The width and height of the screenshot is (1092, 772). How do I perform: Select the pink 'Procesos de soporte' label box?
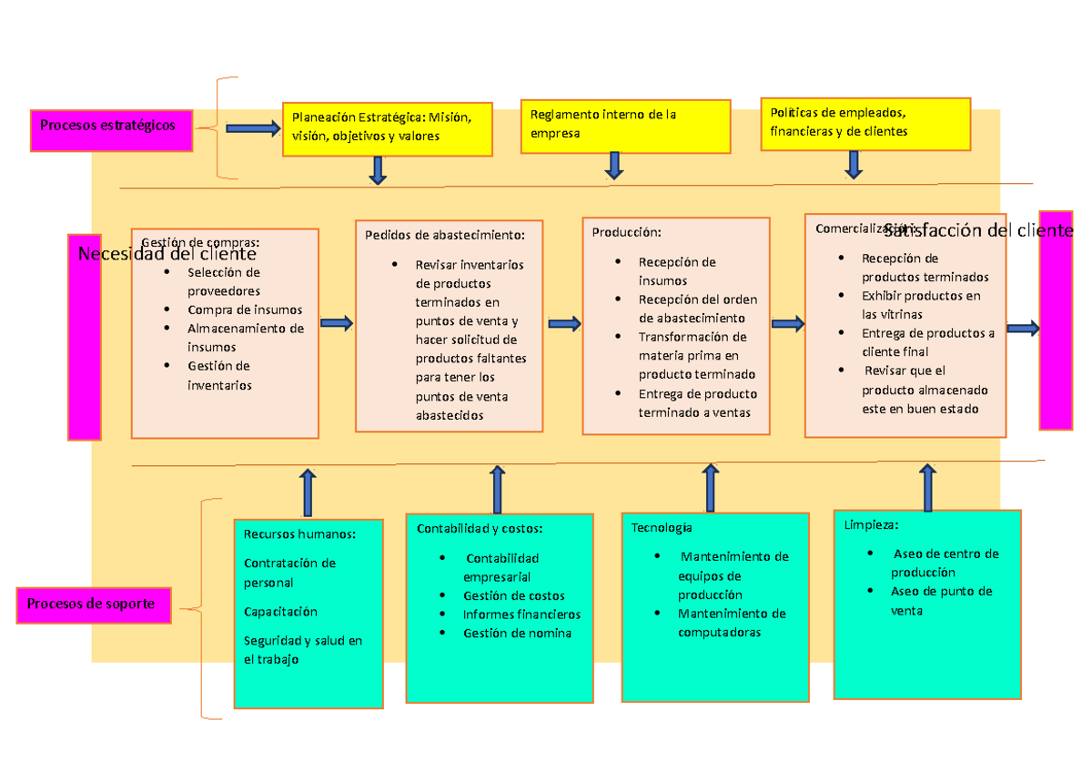click(x=94, y=604)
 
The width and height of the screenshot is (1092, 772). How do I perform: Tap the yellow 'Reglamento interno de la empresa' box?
click(x=625, y=126)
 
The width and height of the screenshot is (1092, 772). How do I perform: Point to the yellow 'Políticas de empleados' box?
click(x=864, y=123)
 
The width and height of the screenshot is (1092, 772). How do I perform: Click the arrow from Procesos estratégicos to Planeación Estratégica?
click(x=253, y=128)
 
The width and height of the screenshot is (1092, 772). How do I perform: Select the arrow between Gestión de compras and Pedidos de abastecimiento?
click(x=337, y=322)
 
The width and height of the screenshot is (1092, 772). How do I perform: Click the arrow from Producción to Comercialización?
click(x=787, y=323)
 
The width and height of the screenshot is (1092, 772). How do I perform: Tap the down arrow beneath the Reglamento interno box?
click(x=614, y=165)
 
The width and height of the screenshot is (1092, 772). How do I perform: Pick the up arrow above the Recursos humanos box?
click(x=308, y=493)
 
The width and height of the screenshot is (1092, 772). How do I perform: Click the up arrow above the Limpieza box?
click(x=927, y=488)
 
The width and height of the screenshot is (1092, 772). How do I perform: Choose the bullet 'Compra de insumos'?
click(x=245, y=310)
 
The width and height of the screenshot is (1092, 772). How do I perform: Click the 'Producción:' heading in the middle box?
click(x=622, y=232)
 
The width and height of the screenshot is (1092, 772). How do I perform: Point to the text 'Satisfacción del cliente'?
click(x=978, y=230)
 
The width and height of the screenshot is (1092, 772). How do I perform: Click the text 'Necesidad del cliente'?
click(x=167, y=254)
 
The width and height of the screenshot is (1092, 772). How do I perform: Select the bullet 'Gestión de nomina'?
click(x=517, y=633)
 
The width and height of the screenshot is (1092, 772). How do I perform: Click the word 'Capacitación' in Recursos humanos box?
click(x=280, y=611)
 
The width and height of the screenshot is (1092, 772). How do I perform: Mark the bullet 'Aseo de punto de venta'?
click(x=941, y=601)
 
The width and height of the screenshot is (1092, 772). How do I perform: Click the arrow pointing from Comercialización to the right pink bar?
click(x=1023, y=329)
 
